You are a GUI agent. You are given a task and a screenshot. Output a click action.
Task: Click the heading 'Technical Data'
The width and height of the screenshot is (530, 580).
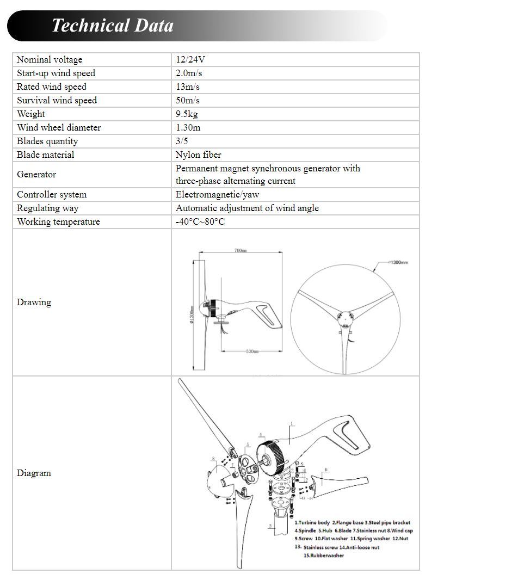point(113,26)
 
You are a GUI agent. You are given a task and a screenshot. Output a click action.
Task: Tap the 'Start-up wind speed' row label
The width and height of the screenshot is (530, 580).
point(56,73)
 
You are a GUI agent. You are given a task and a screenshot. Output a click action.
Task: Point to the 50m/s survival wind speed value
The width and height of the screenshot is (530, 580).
point(188,100)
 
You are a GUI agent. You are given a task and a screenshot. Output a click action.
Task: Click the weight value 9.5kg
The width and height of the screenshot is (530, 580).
point(187,114)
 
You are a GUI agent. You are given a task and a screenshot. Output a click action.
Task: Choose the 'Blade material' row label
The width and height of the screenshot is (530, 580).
point(45,155)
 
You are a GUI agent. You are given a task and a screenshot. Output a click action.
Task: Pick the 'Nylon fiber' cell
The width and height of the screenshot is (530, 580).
point(198,155)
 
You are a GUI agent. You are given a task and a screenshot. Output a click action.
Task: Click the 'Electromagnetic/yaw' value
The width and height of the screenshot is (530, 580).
point(217,194)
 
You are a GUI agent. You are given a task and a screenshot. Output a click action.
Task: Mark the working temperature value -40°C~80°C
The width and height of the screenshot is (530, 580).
point(200,221)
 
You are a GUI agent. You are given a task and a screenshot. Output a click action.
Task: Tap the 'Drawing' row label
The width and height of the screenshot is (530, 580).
point(34,302)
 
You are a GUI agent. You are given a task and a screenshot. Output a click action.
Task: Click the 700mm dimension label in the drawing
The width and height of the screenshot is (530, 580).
point(241,250)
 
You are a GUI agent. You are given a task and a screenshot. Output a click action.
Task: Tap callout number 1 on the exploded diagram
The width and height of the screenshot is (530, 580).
point(292,423)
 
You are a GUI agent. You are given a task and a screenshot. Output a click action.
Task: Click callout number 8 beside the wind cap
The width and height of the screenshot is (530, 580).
point(213,459)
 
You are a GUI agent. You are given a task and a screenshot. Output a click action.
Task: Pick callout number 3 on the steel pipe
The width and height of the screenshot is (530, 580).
point(270,526)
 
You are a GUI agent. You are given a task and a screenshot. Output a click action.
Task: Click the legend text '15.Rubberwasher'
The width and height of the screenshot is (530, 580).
point(323,556)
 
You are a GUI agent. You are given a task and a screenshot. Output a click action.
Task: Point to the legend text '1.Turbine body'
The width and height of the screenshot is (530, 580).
point(312,522)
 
